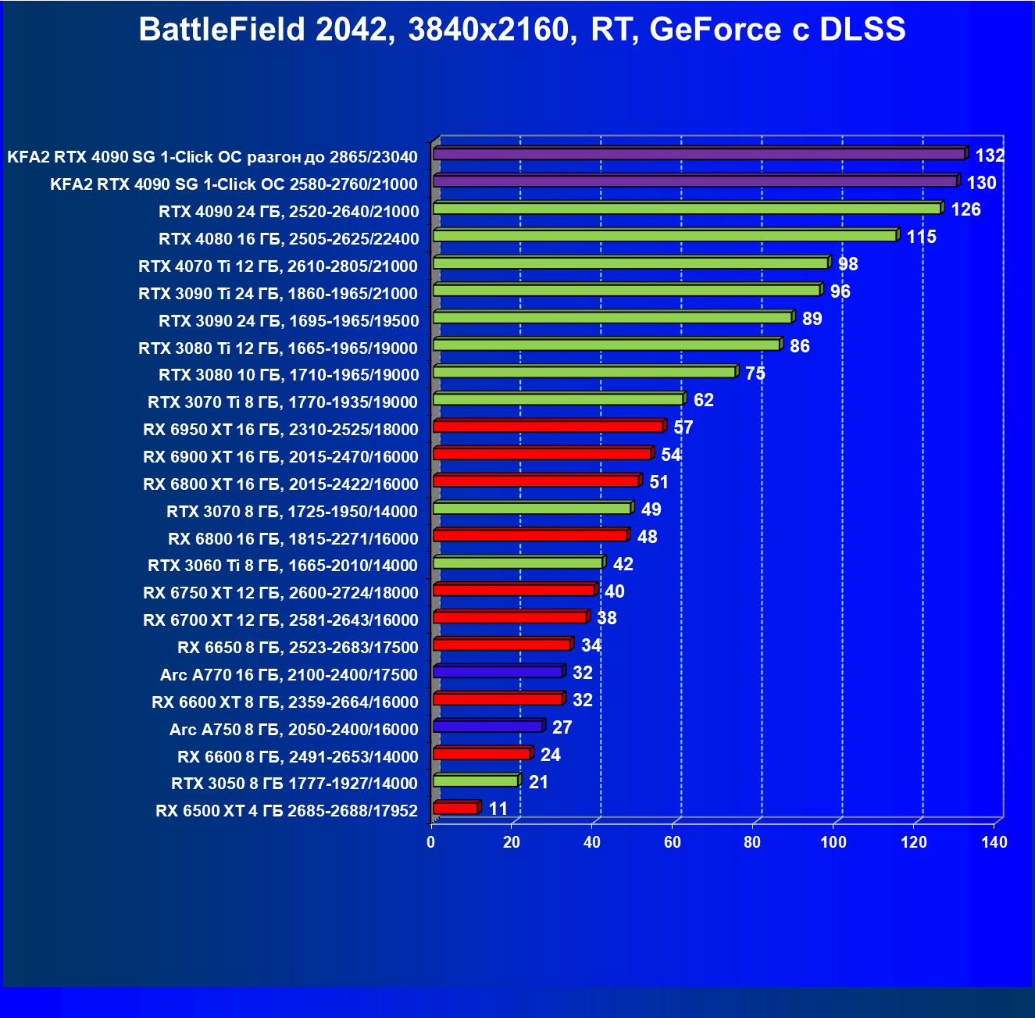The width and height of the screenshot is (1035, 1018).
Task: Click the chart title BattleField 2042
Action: (522, 30)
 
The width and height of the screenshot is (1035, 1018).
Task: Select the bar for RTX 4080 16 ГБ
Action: (665, 235)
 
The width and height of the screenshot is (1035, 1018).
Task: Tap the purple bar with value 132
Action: (699, 154)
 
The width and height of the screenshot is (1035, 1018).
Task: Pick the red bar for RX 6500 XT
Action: (455, 808)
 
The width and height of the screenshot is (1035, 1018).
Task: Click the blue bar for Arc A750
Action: (487, 726)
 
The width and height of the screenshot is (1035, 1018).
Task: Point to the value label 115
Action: (921, 237)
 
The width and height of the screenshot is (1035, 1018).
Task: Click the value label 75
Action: (755, 373)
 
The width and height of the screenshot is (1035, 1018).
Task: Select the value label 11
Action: (498, 809)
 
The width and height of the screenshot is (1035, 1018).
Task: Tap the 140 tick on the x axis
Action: (994, 842)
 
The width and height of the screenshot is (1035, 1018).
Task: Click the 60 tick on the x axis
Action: (673, 842)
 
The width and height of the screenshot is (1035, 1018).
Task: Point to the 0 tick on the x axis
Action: (431, 842)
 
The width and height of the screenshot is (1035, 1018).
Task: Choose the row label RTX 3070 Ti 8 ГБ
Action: (283, 402)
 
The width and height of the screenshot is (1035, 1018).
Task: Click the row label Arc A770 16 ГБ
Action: (289, 675)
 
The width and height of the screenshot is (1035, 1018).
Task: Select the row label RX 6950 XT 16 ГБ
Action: (280, 430)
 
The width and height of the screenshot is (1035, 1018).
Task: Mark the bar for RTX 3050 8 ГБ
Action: (475, 780)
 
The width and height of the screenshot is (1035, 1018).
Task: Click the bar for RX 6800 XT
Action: (536, 480)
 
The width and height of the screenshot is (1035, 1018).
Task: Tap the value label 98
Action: (848, 264)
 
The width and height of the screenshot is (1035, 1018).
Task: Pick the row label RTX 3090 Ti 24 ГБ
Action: (278, 294)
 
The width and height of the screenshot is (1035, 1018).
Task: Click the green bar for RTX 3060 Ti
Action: (517, 563)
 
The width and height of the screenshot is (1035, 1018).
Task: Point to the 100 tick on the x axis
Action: (833, 842)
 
